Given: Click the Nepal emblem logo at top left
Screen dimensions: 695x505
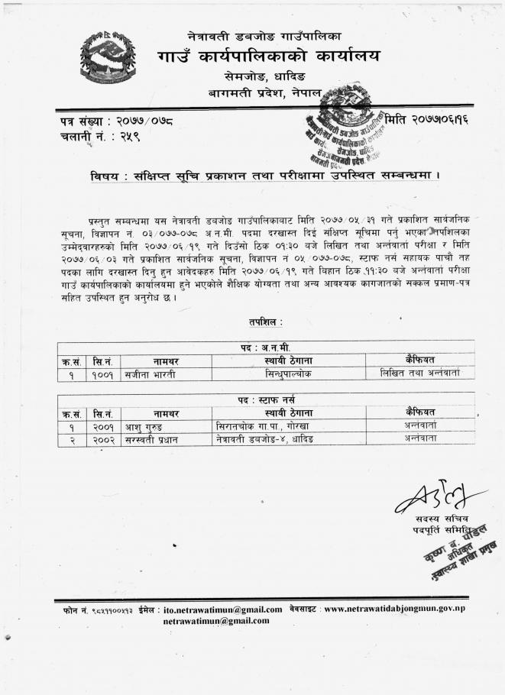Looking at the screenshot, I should click(108, 56).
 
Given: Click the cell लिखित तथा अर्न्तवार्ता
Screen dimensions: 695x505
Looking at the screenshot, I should click(419, 373).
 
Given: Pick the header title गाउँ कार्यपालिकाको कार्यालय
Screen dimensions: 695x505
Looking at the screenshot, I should click(268, 57).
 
